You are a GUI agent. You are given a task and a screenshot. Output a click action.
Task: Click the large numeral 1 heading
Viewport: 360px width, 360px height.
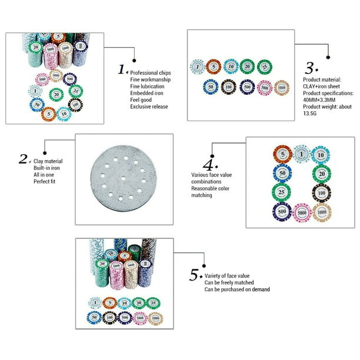(x=121, y=69)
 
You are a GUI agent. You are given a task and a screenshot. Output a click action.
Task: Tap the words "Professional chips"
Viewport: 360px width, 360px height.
(x=151, y=73)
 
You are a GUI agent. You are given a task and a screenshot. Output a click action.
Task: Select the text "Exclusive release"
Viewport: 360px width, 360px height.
(x=149, y=106)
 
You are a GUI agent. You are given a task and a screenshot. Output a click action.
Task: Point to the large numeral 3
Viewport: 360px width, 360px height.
(x=309, y=68)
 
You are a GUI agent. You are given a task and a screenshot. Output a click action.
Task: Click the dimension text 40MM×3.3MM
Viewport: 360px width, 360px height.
(x=319, y=100)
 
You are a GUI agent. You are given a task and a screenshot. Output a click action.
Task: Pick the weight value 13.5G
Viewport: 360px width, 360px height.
(x=310, y=113)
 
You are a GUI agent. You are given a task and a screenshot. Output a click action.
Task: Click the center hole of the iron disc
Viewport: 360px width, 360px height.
(x=124, y=178)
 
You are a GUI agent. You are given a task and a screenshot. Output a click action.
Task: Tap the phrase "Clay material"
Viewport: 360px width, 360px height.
(x=48, y=161)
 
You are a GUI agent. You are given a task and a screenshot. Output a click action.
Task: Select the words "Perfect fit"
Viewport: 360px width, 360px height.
(x=44, y=181)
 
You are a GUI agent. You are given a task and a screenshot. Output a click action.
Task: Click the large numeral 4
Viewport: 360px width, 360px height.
(x=208, y=165)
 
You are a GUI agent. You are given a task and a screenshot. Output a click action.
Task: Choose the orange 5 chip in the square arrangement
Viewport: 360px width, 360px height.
(x=282, y=154)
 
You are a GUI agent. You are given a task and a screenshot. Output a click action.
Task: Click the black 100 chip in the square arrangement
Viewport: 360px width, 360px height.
(x=321, y=193)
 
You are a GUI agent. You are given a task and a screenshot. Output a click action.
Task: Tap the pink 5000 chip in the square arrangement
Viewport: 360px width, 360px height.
(x=302, y=213)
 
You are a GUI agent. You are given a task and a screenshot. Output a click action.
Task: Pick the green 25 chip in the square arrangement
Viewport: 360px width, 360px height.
(x=282, y=192)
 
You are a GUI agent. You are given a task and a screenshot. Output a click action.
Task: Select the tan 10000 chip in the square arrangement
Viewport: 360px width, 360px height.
(x=322, y=212)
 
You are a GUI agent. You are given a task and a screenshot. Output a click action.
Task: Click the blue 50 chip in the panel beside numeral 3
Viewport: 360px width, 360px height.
(x=211, y=87)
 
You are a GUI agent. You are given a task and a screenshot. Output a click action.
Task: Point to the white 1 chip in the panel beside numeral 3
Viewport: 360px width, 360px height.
(x=198, y=67)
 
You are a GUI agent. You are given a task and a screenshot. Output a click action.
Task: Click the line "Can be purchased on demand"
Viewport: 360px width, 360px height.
(x=237, y=289)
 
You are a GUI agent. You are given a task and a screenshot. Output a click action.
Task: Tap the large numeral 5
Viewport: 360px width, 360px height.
(x=194, y=275)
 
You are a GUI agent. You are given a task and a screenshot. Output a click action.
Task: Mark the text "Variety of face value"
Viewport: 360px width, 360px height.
(x=227, y=276)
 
